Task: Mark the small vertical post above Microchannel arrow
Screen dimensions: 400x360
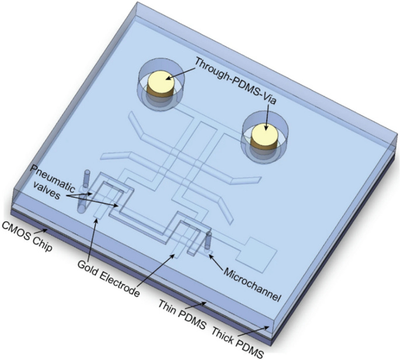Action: [x=207, y=241]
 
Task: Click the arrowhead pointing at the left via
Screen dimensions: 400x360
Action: [x=166, y=78]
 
